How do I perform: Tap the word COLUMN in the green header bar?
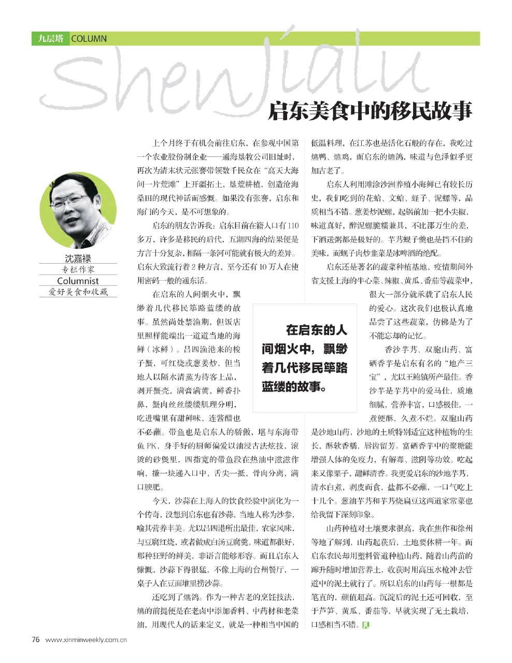(x=89, y=39)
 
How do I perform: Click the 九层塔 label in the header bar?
(x=50, y=39)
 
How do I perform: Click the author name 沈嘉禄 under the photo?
(x=78, y=258)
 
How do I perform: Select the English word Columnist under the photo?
(x=78, y=281)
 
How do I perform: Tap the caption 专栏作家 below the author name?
(x=78, y=269)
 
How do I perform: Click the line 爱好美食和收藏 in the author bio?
(x=78, y=292)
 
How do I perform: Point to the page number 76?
(x=36, y=639)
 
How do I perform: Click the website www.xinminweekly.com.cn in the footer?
(x=86, y=640)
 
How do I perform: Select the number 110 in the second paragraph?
(x=293, y=226)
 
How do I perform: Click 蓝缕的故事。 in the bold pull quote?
(x=294, y=386)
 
